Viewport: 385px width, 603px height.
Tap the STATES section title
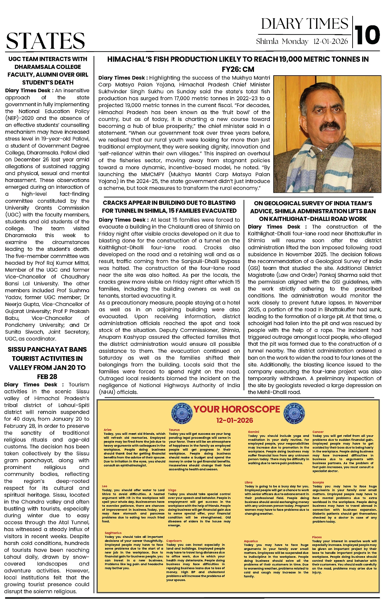tap(46, 41)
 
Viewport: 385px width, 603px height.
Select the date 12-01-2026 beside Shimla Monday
tap(330, 42)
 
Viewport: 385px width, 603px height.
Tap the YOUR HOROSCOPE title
tap(237, 409)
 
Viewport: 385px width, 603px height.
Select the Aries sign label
tap(107, 430)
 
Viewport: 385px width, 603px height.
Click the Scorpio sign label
tap(318, 482)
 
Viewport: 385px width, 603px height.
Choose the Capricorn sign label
tap(174, 541)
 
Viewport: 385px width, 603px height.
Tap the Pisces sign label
tap(317, 537)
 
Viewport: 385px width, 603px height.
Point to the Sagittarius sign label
tap(113, 533)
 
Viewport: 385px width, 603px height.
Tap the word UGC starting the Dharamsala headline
tap(15, 59)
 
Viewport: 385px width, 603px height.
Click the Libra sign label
tap(249, 482)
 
